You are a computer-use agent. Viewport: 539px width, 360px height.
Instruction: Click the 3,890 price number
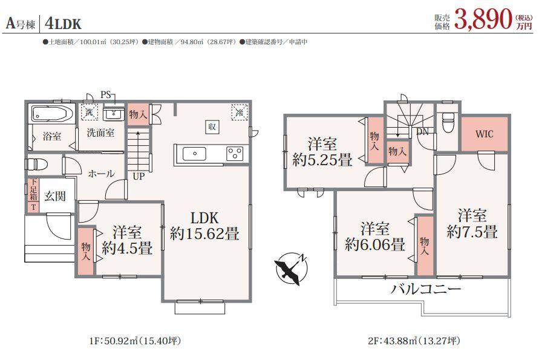tap(483, 19)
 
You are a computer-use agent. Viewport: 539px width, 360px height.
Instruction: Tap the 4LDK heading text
tap(63, 24)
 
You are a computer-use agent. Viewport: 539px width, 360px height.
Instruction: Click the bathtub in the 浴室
tap(52, 113)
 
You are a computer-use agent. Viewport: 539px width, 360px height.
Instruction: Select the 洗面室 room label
tap(100, 133)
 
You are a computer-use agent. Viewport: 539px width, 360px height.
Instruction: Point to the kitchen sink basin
tap(194, 154)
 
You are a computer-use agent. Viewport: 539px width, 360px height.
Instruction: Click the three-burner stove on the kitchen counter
tap(235, 153)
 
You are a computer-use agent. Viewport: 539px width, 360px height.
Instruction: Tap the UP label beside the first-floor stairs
tap(139, 177)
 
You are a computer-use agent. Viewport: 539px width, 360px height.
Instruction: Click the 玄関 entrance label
tap(55, 196)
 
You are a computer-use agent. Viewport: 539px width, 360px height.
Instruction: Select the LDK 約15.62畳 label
tap(204, 226)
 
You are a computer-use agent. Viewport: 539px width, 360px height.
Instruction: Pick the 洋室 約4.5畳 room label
tap(127, 240)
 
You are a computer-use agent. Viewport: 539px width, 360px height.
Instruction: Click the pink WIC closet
tap(484, 134)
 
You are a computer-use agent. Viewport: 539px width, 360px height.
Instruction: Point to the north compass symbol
tap(292, 268)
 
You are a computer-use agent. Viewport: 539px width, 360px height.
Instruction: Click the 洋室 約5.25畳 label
tap(322, 152)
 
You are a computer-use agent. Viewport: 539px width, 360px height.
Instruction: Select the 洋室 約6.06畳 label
tap(375, 237)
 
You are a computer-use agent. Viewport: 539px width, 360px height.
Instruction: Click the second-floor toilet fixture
tap(448, 122)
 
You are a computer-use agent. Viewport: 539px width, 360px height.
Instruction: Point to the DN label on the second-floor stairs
tap(422, 132)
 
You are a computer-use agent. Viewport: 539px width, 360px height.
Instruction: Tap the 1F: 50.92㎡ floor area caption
tap(135, 341)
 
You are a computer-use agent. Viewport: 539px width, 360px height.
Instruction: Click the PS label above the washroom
tap(105, 94)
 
